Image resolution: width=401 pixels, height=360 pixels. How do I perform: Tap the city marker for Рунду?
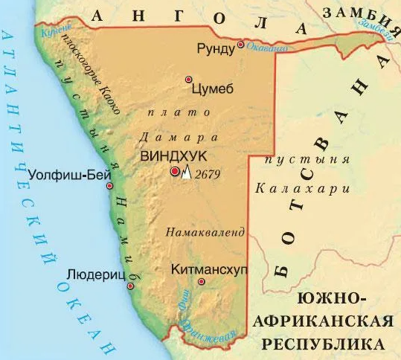(241, 46)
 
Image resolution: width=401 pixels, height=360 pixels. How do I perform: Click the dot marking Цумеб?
(189, 79)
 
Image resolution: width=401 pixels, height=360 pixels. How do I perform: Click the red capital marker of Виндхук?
(175, 172)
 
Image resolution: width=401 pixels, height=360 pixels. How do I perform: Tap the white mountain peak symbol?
(186, 173)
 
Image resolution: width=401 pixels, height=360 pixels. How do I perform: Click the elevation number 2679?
(208, 173)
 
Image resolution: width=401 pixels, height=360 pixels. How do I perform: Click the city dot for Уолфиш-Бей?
(110, 186)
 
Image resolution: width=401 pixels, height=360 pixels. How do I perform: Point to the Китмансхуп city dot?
(202, 283)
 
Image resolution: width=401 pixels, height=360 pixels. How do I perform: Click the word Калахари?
(301, 190)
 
